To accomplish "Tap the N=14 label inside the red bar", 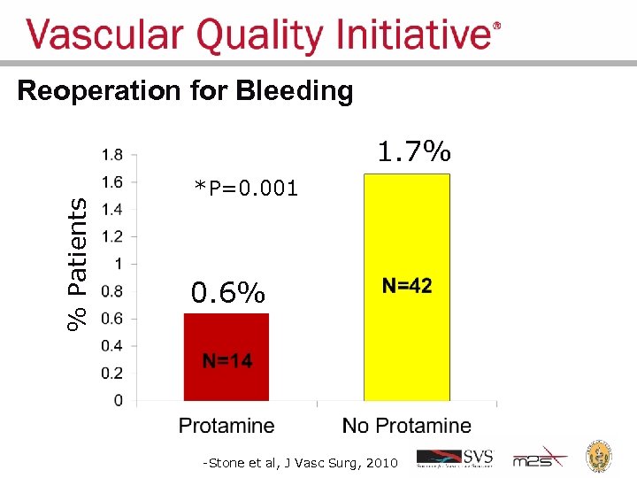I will [x=227, y=360].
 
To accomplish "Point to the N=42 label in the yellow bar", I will [x=407, y=285].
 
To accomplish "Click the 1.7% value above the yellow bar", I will [x=414, y=152].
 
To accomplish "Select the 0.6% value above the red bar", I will [x=228, y=292].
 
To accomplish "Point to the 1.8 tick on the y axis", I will [x=112, y=155].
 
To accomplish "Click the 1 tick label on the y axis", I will [x=119, y=264].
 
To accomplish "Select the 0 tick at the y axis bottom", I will [x=119, y=401].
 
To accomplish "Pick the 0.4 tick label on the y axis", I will [x=112, y=346].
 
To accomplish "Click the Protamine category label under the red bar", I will [x=226, y=426].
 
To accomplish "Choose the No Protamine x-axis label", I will [x=407, y=426].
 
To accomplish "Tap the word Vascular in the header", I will [x=106, y=36].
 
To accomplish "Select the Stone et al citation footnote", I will [x=301, y=462].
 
